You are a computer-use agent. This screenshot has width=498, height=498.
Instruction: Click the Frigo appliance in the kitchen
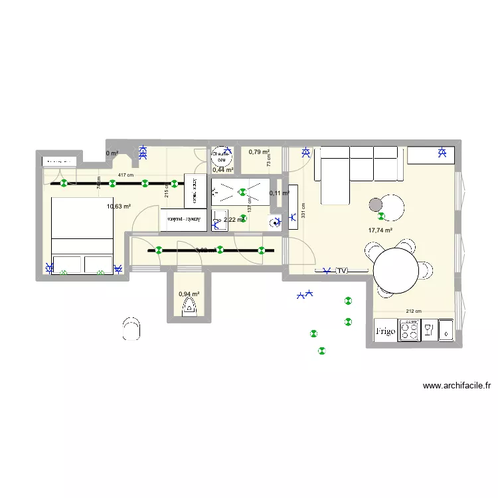click(385, 330)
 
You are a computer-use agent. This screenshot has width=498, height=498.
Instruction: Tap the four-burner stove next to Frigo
click(409, 330)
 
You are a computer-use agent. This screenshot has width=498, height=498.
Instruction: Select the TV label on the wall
click(342, 271)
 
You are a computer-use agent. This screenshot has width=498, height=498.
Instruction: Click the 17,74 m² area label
click(380, 231)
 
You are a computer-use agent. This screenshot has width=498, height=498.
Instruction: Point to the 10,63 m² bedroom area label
click(118, 207)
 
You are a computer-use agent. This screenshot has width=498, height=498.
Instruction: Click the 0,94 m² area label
click(189, 293)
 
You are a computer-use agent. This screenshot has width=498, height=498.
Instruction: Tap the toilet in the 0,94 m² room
click(189, 307)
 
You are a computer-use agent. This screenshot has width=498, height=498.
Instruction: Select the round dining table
click(396, 270)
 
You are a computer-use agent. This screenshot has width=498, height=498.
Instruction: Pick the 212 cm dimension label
click(414, 310)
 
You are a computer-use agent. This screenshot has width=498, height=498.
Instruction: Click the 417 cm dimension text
click(125, 175)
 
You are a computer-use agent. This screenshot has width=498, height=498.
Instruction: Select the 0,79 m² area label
click(259, 152)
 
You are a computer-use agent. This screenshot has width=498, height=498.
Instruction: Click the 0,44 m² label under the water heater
click(222, 170)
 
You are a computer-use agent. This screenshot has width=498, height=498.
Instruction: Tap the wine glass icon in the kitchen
click(429, 330)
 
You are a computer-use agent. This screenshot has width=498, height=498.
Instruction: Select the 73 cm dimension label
click(270, 160)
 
